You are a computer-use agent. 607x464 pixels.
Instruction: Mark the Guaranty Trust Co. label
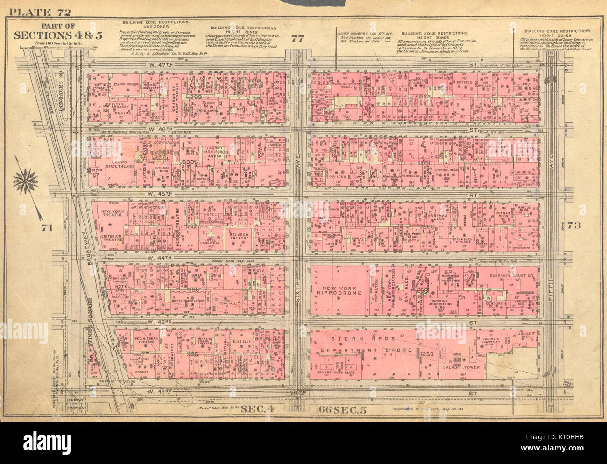tap(512, 276)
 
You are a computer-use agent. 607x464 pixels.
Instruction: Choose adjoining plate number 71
tap(46, 227)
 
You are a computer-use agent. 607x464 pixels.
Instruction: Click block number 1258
tap(427, 355)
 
